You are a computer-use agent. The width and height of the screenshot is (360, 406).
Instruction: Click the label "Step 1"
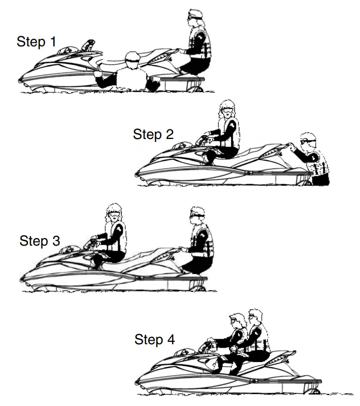(x=36, y=42)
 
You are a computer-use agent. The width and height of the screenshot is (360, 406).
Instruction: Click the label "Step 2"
(x=154, y=135)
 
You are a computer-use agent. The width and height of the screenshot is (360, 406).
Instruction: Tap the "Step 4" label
(x=155, y=340)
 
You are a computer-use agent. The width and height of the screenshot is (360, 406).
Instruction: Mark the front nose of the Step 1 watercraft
(x=20, y=80)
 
